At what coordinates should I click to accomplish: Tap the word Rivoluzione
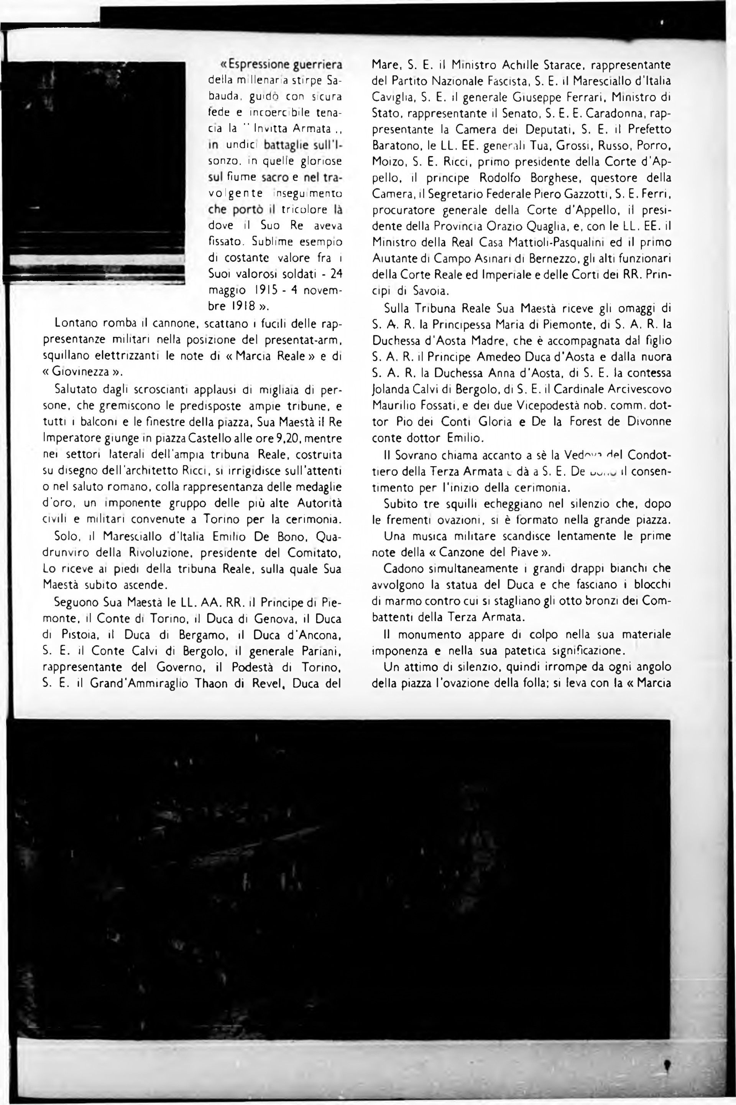[x=161, y=552]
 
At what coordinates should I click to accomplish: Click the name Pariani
[x=320, y=651]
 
